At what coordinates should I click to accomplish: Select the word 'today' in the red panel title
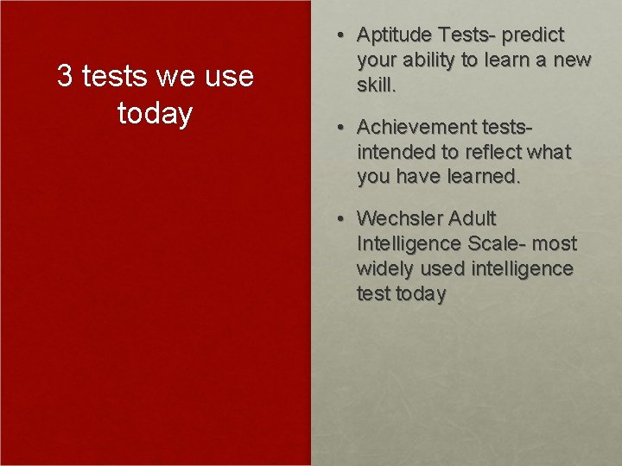pyautogui.click(x=155, y=113)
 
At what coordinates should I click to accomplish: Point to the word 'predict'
pyautogui.click(x=532, y=35)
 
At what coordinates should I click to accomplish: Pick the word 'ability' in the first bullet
pyautogui.click(x=435, y=60)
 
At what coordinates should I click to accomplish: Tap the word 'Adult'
pyautogui.click(x=473, y=219)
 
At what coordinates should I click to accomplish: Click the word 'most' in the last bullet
pyautogui.click(x=554, y=244)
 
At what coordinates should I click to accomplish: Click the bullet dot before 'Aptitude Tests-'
pyautogui.click(x=342, y=35)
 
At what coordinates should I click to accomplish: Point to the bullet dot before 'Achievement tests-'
pyautogui.click(x=342, y=128)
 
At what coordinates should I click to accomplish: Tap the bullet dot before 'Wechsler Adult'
pyautogui.click(x=342, y=219)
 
